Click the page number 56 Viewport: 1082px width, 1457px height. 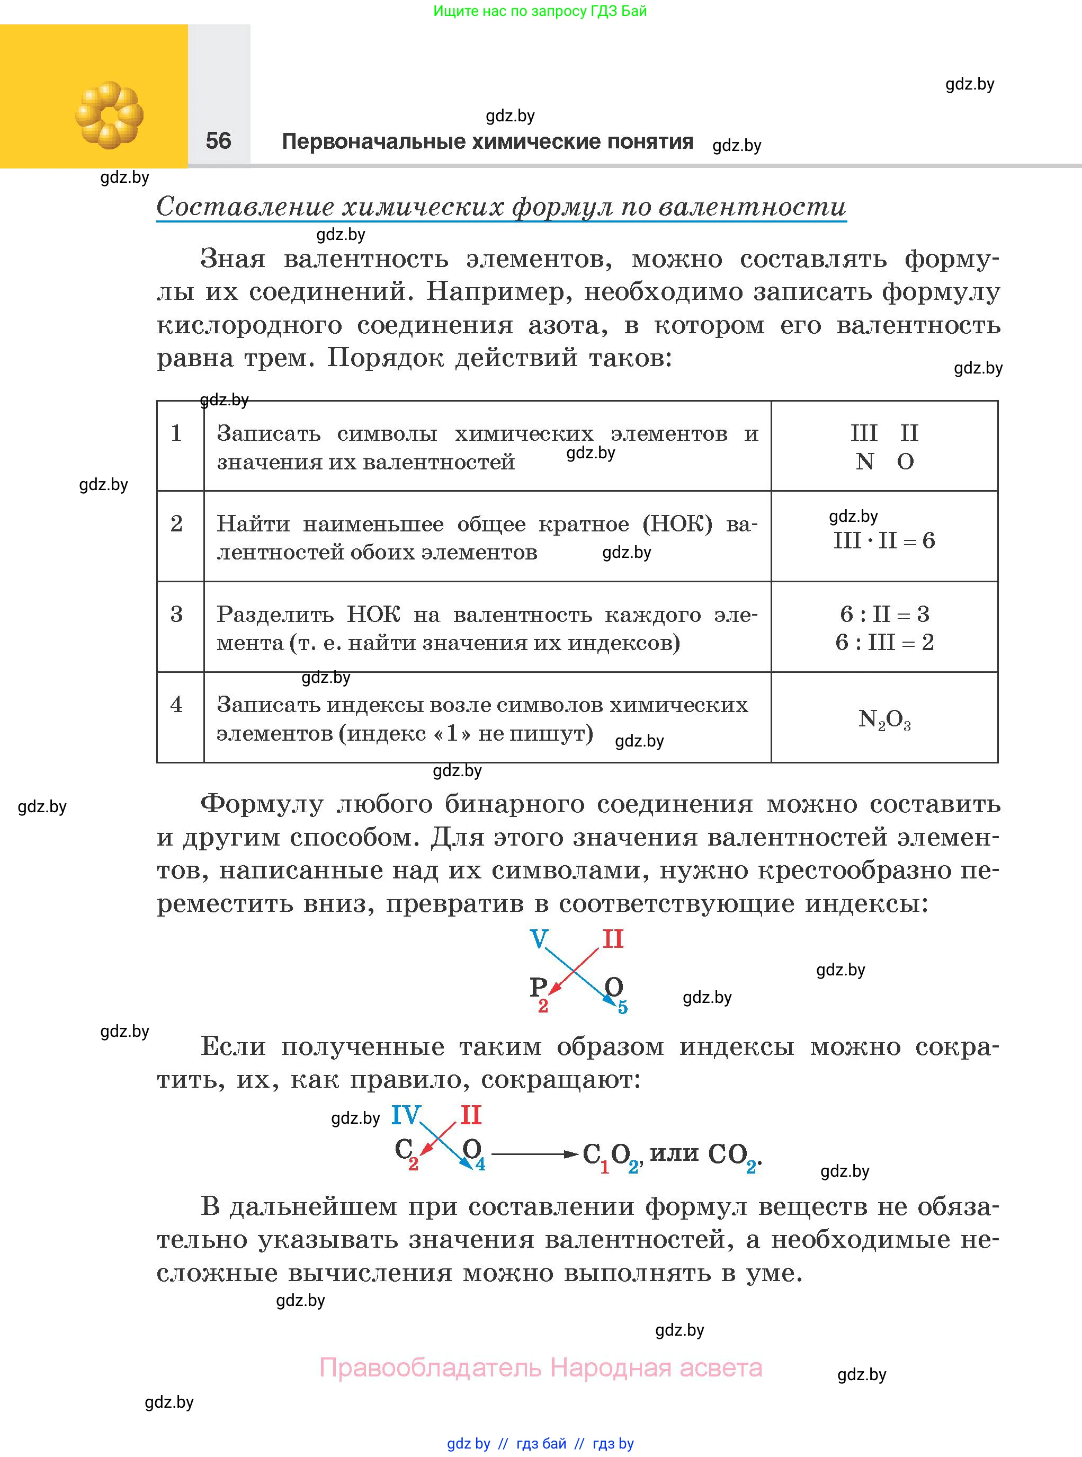[218, 140]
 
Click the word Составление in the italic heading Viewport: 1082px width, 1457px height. [247, 207]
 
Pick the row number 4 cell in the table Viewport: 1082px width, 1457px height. [177, 704]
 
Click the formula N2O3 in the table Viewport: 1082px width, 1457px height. [884, 719]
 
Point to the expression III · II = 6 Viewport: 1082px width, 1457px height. [884, 540]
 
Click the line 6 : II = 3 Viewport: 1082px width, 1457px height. [884, 614]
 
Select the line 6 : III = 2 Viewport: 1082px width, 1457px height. [884, 642]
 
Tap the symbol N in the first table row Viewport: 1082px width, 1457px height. [864, 462]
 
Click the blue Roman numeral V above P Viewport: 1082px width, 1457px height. [539, 939]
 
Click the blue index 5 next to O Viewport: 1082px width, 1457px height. [623, 1008]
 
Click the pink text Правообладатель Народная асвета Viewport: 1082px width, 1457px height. [540, 1367]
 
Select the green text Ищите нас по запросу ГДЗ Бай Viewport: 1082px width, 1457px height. [540, 11]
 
